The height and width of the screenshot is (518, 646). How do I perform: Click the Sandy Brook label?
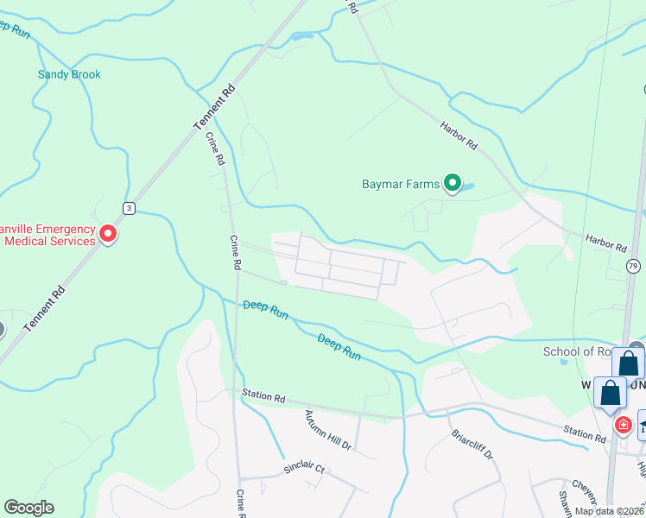click(x=69, y=74)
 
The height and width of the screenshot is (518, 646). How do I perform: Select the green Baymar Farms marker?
click(x=452, y=182)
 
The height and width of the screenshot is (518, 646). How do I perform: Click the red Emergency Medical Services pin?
click(x=108, y=233)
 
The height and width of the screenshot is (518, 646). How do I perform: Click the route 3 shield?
click(x=128, y=208)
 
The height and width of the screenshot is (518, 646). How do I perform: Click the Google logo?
click(x=28, y=508)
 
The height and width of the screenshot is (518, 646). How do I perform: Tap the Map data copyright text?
click(x=609, y=511)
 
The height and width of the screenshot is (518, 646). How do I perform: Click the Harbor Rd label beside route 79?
click(x=605, y=243)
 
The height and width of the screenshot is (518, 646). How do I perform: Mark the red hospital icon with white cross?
click(x=623, y=425)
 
